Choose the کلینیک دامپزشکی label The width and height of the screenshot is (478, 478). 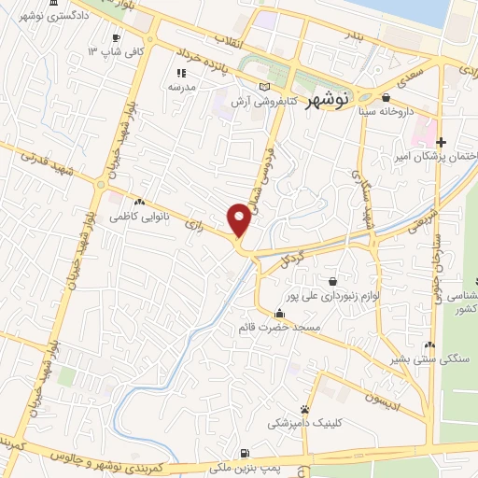coord(304,423)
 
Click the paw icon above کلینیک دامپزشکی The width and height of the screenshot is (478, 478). coord(304,409)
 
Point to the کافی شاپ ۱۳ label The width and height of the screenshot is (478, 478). coord(118,50)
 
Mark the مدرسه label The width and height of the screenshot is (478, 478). coord(180,86)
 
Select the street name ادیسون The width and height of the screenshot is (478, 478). coord(382,399)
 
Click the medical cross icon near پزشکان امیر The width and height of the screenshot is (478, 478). coord(441,142)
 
